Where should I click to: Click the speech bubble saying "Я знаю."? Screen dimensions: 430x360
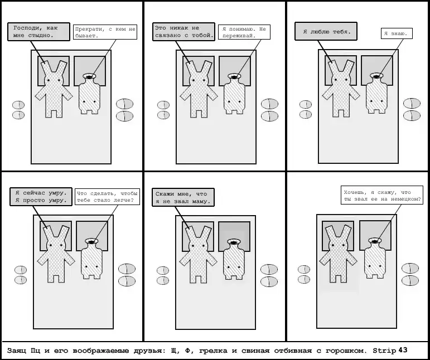click(x=397, y=33)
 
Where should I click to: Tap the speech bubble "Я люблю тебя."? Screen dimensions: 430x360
click(x=326, y=32)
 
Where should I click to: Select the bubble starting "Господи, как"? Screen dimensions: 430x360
click(x=38, y=32)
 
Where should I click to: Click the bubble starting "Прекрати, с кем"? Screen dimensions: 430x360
click(x=105, y=32)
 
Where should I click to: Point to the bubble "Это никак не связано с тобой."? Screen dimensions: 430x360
click(x=183, y=32)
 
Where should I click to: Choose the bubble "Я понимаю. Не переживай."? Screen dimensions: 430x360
click(x=244, y=32)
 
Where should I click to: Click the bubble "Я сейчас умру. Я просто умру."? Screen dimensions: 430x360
click(x=41, y=197)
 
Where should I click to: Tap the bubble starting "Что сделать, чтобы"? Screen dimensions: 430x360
click(x=107, y=197)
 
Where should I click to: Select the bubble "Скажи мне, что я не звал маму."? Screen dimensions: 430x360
click(x=183, y=197)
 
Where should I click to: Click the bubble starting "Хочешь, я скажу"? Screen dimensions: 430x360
click(x=382, y=195)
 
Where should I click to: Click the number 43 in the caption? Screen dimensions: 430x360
click(x=403, y=350)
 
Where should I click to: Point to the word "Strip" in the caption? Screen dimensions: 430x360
click(x=384, y=351)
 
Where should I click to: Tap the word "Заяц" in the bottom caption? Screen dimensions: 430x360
click(x=16, y=351)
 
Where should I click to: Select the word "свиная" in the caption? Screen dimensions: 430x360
click(x=255, y=351)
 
